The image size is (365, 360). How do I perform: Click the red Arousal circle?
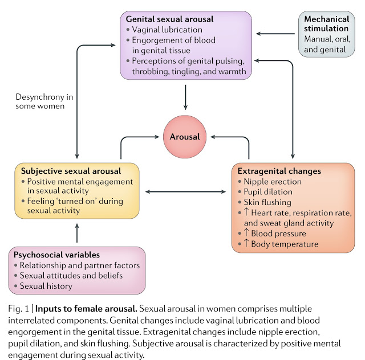click(x=185, y=137)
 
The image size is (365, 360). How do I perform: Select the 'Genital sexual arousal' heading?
click(x=169, y=19)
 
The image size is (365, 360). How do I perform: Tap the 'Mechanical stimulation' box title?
click(x=326, y=24)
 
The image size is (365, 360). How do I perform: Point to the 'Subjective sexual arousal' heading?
click(x=71, y=171)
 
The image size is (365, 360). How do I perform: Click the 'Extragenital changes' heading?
click(x=279, y=171)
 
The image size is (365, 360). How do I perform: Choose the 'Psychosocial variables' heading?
click(x=56, y=255)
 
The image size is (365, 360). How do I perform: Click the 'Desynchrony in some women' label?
click(x=44, y=101)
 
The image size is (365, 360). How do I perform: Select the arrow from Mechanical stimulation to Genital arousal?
click(x=275, y=34)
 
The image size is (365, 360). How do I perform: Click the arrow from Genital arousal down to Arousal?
click(x=185, y=97)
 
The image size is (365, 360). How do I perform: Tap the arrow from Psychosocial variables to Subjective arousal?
click(x=77, y=233)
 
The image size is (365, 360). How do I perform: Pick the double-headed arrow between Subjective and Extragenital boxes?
click(x=185, y=192)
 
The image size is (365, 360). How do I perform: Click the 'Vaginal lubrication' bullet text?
click(x=167, y=30)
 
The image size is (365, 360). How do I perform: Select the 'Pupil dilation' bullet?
click(x=268, y=192)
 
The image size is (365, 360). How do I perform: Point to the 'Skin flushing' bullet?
click(x=267, y=202)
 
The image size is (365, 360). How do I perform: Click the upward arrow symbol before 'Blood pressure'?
click(x=246, y=233)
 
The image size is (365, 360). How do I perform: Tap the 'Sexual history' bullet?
click(x=46, y=286)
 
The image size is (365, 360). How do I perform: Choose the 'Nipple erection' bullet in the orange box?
click(x=273, y=181)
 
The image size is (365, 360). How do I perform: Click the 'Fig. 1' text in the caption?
click(x=18, y=309)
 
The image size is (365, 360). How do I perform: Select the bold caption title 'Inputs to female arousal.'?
click(x=86, y=309)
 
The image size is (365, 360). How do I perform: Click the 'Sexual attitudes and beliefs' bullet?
click(x=71, y=276)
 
